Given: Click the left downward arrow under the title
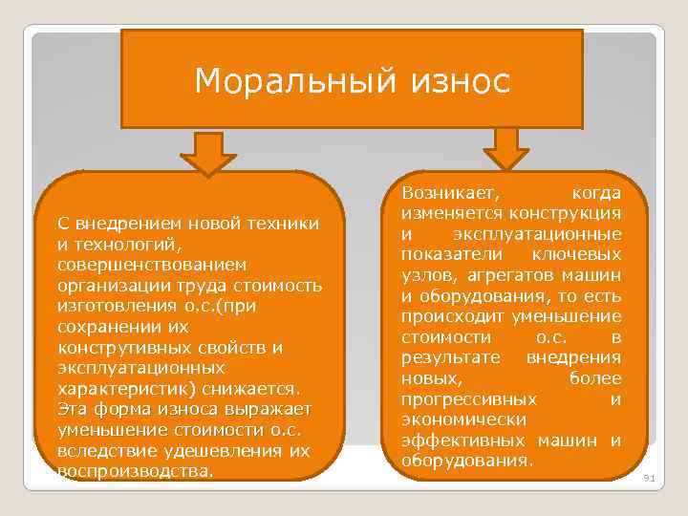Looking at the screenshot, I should [x=203, y=153].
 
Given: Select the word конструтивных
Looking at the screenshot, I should [x=118, y=347].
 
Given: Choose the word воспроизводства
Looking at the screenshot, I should [x=133, y=472].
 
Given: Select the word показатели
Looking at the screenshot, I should [x=448, y=253].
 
